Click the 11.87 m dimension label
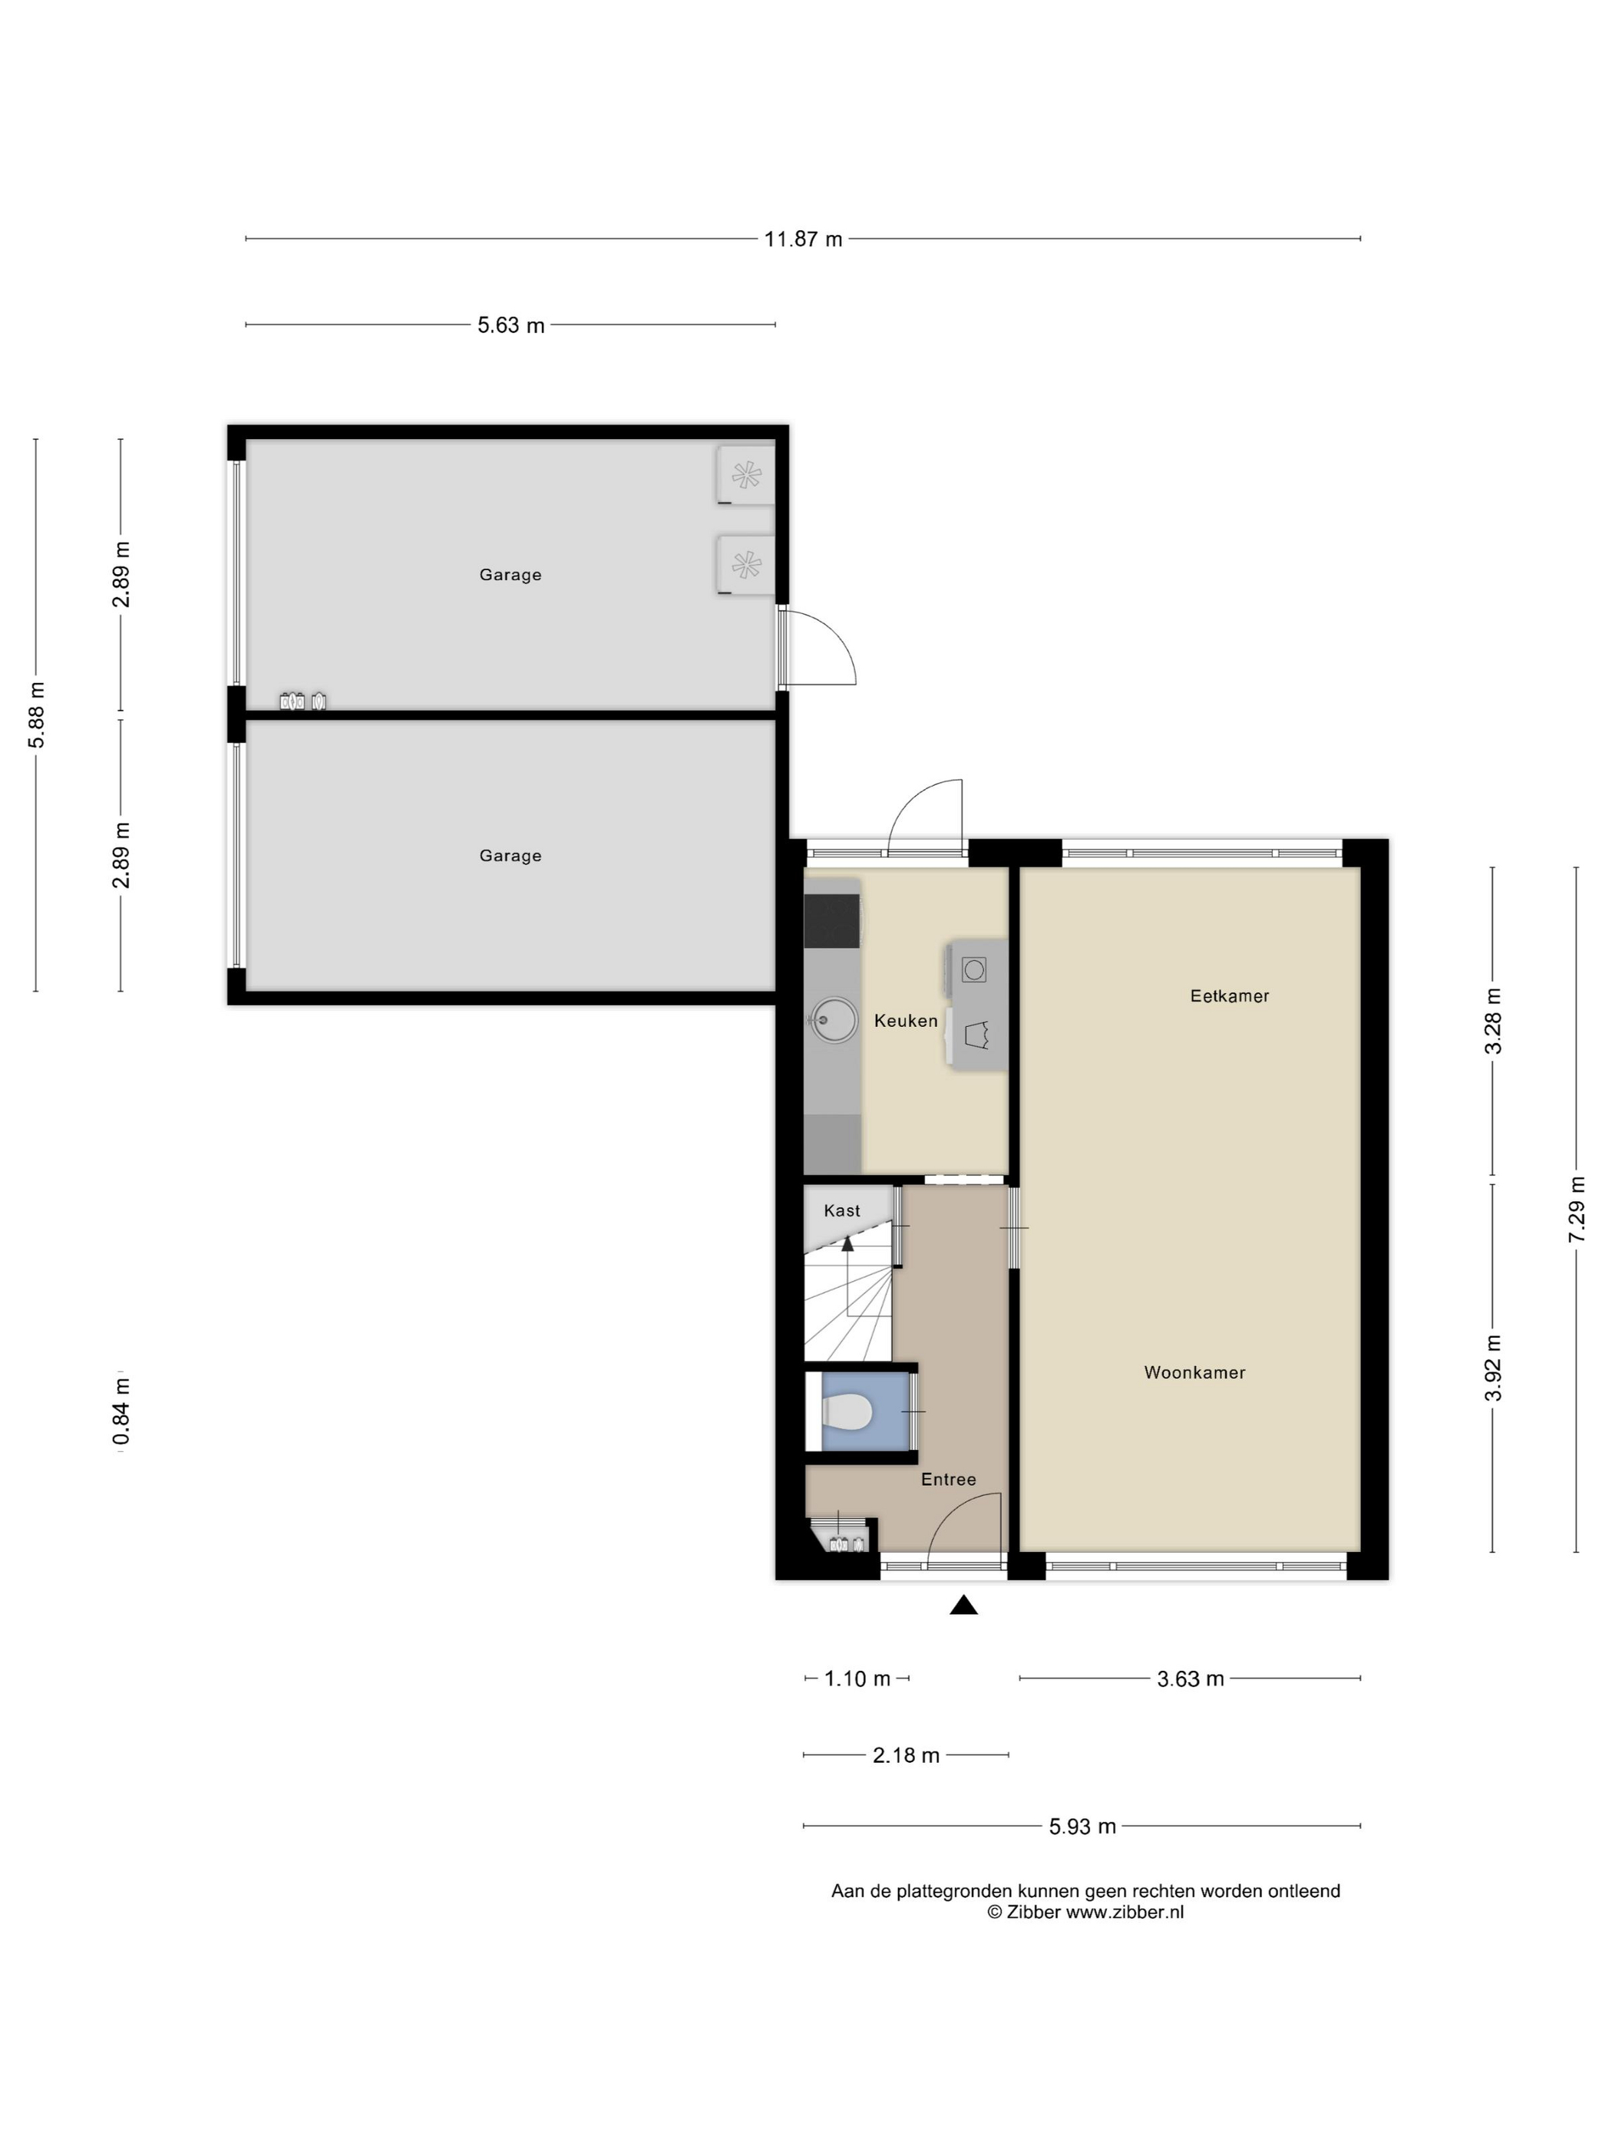tap(803, 239)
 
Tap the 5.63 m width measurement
tap(511, 325)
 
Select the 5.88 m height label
tap(36, 715)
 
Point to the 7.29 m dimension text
tap(1576, 1209)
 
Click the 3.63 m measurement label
tap(1191, 1679)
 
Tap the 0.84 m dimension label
tap(121, 1411)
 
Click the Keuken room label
tap(906, 1020)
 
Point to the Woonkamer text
tap(1194, 1373)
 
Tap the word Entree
tap(948, 1480)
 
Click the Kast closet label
tap(841, 1210)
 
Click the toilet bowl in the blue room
tap(847, 1411)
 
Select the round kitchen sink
tap(834, 1020)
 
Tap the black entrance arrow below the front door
tap(963, 1605)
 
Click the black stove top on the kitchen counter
tap(832, 920)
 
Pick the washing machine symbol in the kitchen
tap(973, 969)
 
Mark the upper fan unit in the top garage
tap(745, 475)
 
